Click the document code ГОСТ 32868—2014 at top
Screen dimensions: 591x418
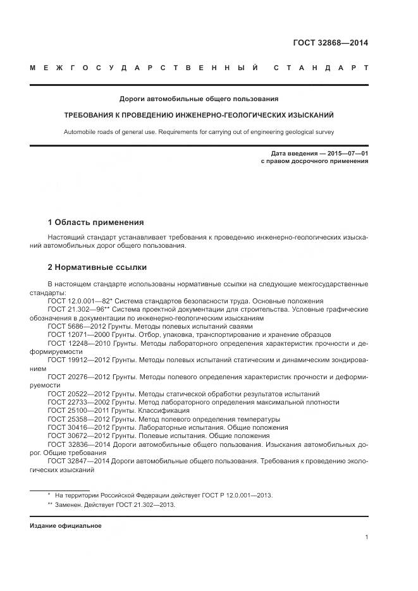(330, 43)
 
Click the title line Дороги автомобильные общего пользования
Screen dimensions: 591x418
(199, 99)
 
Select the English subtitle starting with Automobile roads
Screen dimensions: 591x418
(199, 133)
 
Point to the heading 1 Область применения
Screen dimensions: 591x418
(95, 222)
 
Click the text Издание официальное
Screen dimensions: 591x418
(65, 526)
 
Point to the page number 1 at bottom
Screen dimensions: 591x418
(366, 537)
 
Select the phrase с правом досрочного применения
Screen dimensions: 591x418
(314, 162)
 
